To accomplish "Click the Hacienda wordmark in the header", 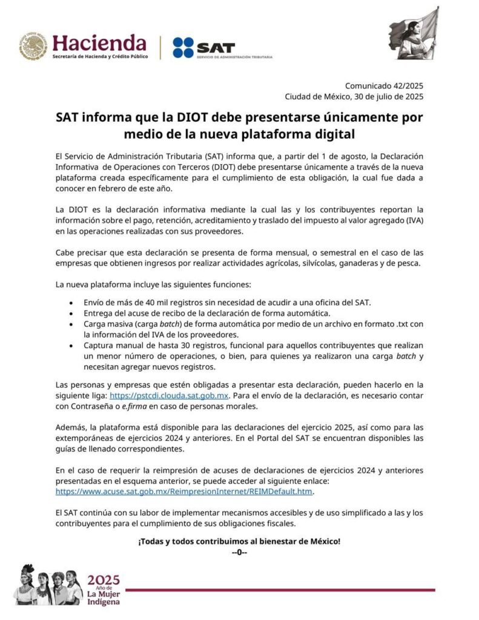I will [99, 42].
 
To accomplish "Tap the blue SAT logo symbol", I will [183, 48].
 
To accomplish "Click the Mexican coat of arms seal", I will [33, 47].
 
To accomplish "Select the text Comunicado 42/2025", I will [384, 86].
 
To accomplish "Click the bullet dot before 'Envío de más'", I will [72, 302].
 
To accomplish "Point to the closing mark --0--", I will [239, 552].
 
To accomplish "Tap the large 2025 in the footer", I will [104, 580].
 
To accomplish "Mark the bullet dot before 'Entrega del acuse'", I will [72, 313].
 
